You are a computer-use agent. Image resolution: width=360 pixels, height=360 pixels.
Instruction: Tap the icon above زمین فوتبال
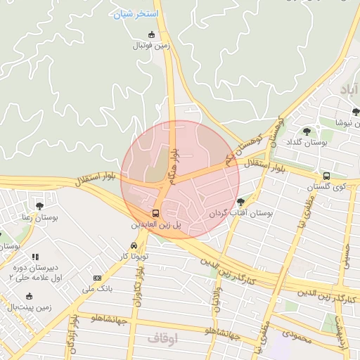[x=151, y=34]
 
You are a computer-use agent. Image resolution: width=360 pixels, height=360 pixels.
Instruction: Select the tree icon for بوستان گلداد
[x=307, y=131]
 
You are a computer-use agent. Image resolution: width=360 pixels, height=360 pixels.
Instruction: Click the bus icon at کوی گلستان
[x=326, y=176]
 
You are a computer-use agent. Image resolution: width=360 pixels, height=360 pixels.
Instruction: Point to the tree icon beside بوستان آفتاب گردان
[x=240, y=202]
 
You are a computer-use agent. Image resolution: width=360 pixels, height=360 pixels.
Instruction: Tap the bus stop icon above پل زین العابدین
[x=155, y=212]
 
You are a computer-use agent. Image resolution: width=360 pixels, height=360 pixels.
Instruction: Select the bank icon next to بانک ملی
[x=97, y=278]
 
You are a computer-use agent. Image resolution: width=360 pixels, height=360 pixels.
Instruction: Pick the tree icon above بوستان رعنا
[x=39, y=206]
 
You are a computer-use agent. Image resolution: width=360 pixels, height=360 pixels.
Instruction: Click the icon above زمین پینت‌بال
[x=29, y=296]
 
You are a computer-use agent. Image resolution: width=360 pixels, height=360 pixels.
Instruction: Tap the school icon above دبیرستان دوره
[x=35, y=257]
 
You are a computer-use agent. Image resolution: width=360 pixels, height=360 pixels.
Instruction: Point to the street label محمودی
[x=295, y=338]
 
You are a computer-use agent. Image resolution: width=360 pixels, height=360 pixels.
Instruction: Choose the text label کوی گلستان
[x=330, y=187]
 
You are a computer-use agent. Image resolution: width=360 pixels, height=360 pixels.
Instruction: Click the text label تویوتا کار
[x=135, y=257]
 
